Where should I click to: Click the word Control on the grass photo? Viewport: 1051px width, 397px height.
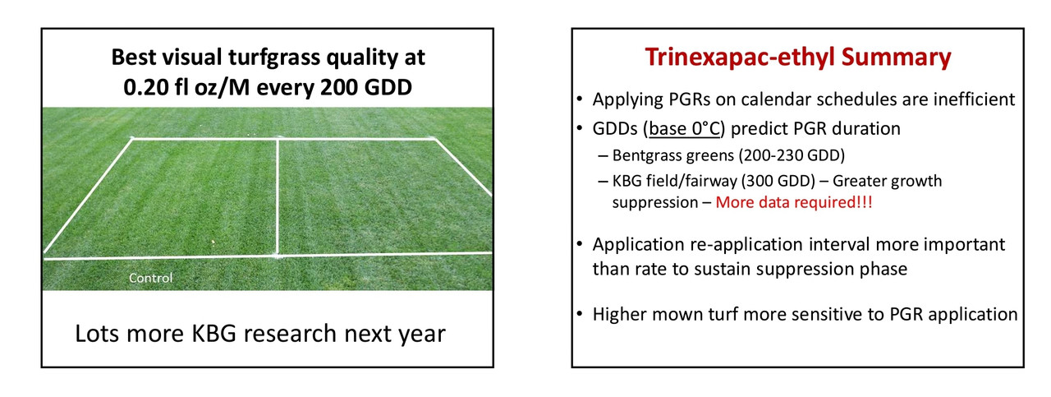coord(150,278)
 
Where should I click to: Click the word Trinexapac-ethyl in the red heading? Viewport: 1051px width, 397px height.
coord(740,58)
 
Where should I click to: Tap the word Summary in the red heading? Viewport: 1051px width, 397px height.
coord(896,58)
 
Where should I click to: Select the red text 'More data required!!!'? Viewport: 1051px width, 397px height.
coord(794,202)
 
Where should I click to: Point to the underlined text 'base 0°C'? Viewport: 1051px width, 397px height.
coord(684,128)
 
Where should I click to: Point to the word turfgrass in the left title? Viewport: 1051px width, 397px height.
coord(274,58)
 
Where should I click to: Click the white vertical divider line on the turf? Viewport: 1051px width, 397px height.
coord(278,197)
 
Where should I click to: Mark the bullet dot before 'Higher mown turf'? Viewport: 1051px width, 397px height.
coord(580,313)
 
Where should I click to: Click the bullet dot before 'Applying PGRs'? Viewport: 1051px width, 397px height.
coord(580,99)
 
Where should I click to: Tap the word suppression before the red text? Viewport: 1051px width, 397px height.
coord(655,202)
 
